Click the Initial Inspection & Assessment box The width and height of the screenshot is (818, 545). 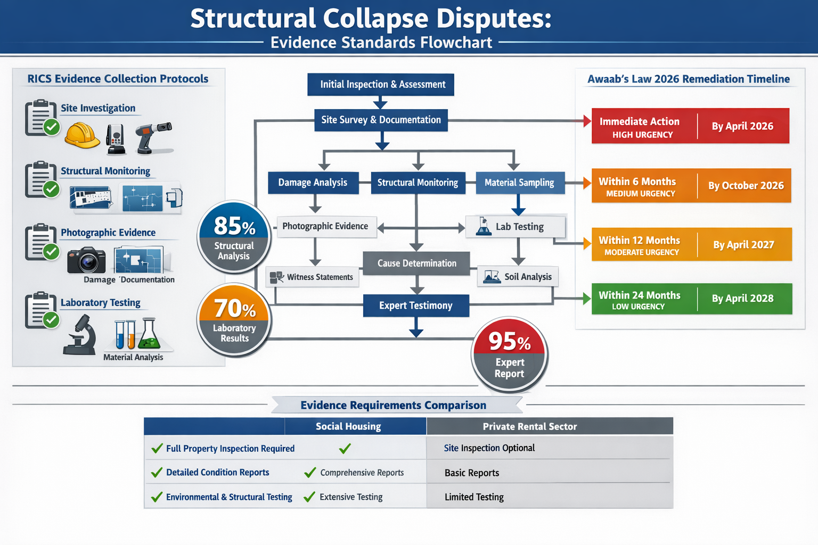(381, 85)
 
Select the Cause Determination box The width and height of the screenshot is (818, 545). (416, 263)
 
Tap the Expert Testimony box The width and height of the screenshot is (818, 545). (416, 305)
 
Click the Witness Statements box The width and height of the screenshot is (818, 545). (313, 277)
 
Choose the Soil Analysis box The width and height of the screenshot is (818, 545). (518, 277)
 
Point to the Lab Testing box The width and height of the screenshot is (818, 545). (515, 227)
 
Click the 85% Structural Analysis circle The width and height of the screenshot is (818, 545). (234, 237)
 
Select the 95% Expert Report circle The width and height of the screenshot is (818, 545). (510, 354)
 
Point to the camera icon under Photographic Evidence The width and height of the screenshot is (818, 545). (86, 260)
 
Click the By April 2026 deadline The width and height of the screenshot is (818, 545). (742, 126)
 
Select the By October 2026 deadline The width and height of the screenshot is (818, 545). (746, 186)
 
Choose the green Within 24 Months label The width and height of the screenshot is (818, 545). (640, 300)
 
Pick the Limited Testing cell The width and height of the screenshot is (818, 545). (474, 497)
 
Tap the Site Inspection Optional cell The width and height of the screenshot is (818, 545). (489, 448)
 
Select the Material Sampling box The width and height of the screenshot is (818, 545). (519, 183)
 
